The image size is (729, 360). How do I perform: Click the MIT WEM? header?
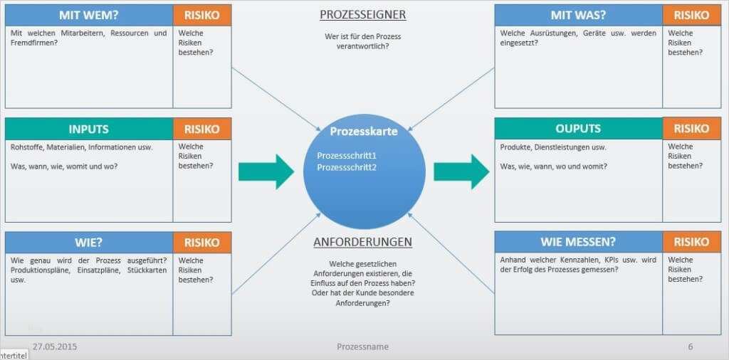[x=89, y=15]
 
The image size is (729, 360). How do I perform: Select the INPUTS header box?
[x=89, y=129]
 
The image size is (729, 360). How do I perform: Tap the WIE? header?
[x=89, y=243]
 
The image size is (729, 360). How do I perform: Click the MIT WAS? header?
[x=578, y=15]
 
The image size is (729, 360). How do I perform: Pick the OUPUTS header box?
[x=578, y=128]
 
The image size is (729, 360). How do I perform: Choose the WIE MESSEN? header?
[x=578, y=242]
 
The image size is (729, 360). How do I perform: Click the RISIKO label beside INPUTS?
[x=201, y=129]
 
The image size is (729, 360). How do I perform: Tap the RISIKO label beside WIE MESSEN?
[x=691, y=242]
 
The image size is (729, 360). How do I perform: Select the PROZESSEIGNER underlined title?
[x=362, y=15]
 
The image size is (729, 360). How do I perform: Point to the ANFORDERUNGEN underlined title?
[x=362, y=242]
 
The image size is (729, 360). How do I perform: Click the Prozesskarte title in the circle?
[x=364, y=132]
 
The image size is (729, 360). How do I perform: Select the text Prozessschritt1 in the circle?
[x=347, y=156]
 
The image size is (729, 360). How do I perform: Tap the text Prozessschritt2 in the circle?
[x=347, y=167]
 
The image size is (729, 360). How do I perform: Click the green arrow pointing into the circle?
[x=266, y=172]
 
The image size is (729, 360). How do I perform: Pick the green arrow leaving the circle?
[x=461, y=172]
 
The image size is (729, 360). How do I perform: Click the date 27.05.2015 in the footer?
[x=55, y=347]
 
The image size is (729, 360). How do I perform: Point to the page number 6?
[x=691, y=347]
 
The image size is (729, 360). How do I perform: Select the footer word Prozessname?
[x=362, y=347]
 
